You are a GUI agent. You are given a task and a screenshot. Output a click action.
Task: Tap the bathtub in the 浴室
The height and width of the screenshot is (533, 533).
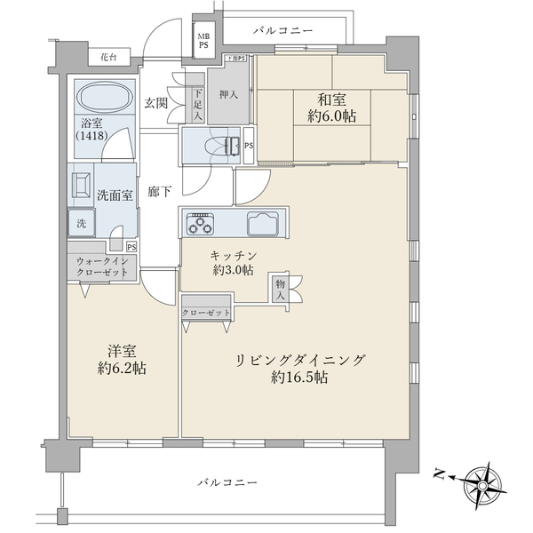[103, 99]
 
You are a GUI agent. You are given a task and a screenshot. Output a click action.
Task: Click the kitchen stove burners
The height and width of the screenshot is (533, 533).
[199, 224]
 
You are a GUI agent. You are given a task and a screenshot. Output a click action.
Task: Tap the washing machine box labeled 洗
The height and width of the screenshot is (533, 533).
[81, 223]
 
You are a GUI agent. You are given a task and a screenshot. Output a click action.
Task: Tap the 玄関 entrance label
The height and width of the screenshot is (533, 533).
[156, 103]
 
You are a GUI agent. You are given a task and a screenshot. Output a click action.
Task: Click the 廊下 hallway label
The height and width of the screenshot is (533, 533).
[160, 191]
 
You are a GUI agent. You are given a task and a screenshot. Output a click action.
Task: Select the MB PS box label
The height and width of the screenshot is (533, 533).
[203, 41]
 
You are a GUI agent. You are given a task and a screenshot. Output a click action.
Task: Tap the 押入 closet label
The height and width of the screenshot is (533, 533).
[227, 91]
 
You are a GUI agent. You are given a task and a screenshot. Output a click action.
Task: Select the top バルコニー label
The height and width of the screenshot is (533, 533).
[282, 31]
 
